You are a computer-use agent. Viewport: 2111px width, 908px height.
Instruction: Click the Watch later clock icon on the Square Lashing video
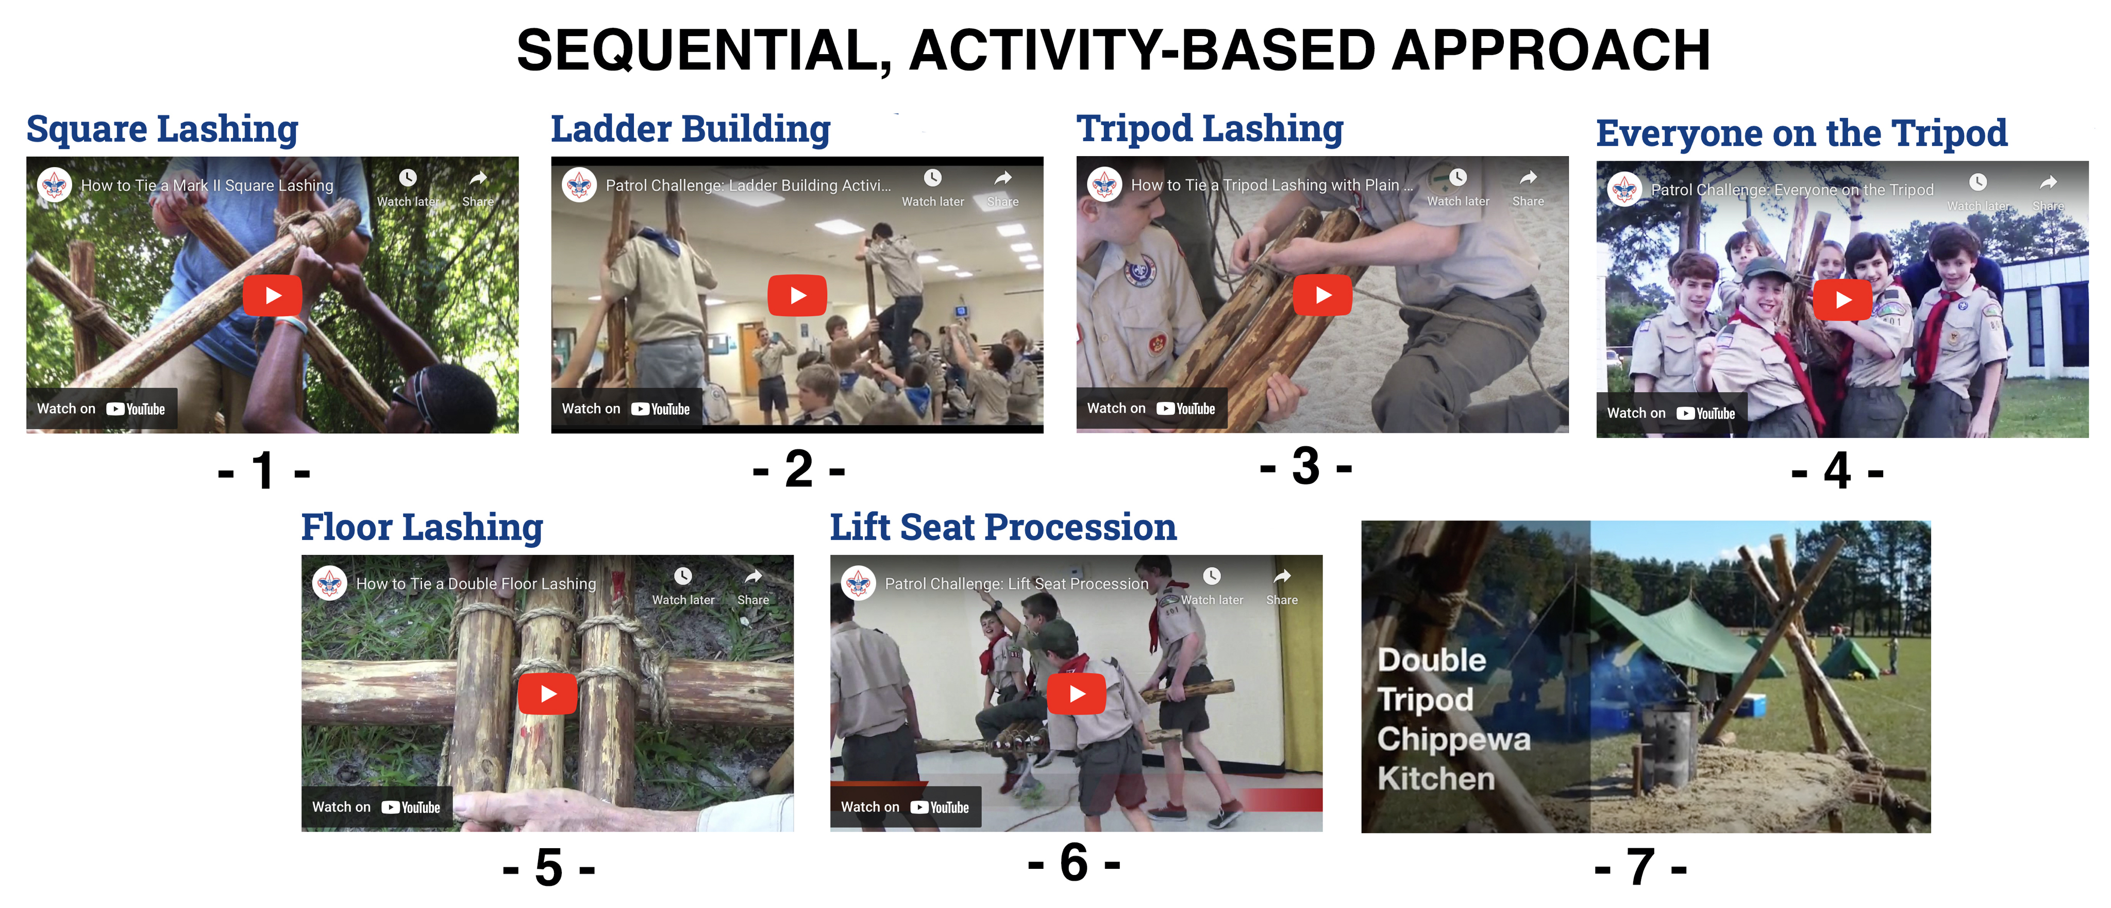[x=408, y=178]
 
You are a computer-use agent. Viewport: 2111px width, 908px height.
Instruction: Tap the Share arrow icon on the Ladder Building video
[x=1003, y=178]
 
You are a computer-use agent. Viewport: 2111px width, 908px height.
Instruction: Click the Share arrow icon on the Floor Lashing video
[x=753, y=576]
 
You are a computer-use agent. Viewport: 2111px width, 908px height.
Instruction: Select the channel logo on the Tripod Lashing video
[x=1104, y=184]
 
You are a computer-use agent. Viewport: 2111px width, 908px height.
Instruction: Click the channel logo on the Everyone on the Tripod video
[x=1624, y=189]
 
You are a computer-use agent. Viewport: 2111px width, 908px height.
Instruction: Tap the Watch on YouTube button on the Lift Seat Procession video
[x=906, y=807]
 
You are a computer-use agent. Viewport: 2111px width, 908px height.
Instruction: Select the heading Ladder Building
[x=691, y=129]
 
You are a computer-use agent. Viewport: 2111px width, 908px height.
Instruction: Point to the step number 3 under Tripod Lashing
[x=1306, y=466]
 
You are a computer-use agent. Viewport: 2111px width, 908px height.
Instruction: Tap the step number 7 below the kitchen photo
[x=1640, y=866]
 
